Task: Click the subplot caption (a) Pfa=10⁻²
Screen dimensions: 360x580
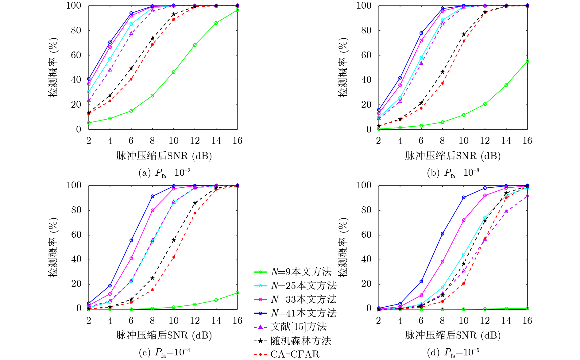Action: point(164,173)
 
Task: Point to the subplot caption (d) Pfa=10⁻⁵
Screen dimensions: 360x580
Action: point(453,353)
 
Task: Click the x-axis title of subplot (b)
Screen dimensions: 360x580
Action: point(453,156)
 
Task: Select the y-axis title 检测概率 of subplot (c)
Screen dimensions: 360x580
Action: point(53,247)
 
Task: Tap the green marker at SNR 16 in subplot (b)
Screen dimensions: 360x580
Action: point(527,61)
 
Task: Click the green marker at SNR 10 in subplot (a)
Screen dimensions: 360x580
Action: point(174,72)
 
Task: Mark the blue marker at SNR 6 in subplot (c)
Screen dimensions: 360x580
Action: point(131,240)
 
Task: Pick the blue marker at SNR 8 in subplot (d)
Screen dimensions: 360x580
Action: point(443,234)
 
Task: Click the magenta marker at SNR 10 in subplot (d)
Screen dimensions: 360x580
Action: point(464,220)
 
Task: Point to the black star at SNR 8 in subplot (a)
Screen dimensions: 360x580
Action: point(153,38)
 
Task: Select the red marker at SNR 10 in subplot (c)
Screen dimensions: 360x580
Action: point(174,257)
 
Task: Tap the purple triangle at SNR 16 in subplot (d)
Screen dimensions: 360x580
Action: point(527,196)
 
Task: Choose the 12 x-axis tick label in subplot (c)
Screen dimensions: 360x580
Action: point(195,321)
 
